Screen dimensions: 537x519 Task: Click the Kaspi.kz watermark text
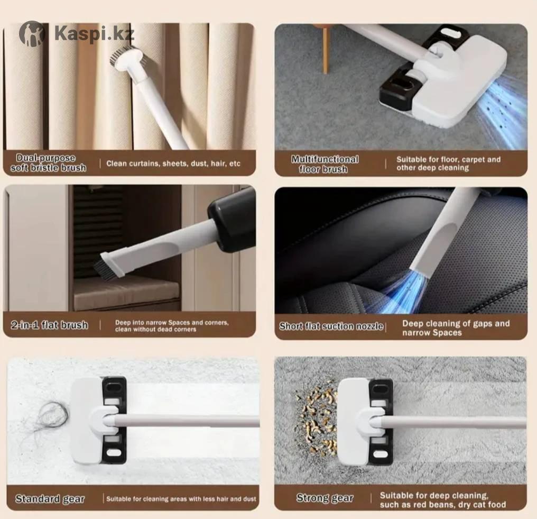click(94, 33)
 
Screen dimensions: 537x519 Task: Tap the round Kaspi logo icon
click(32, 33)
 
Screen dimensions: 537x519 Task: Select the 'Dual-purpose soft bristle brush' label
click(48, 163)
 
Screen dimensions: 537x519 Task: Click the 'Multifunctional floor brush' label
click(325, 164)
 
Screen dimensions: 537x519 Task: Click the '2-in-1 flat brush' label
click(49, 325)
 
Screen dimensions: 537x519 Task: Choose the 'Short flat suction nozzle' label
click(331, 326)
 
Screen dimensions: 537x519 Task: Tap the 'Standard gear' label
click(50, 499)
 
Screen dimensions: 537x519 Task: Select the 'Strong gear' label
click(325, 498)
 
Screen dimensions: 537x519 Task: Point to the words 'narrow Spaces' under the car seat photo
click(432, 333)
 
